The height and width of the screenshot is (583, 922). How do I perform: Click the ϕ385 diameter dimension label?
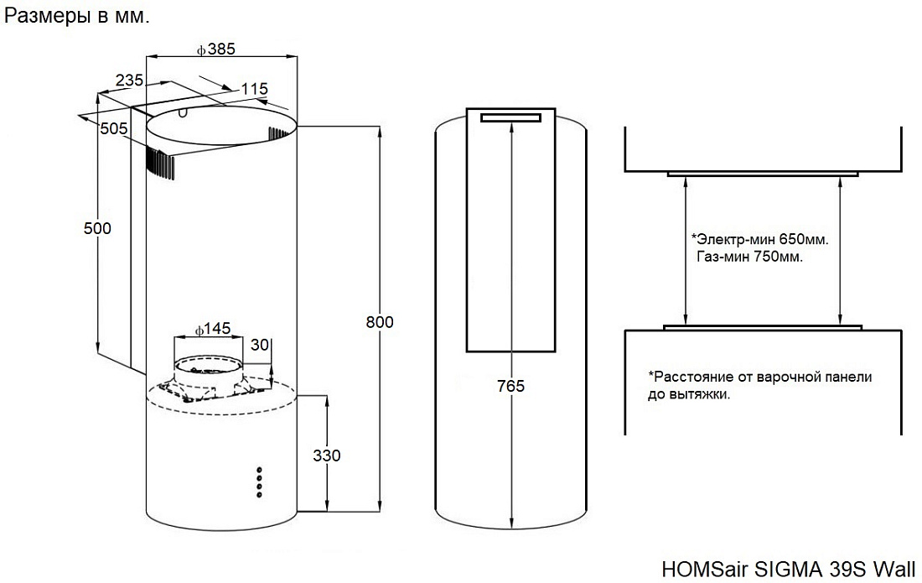click(216, 49)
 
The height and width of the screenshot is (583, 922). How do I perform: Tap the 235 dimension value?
click(128, 81)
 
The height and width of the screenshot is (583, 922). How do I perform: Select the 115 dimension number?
click(253, 89)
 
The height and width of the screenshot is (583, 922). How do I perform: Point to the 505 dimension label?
click(113, 128)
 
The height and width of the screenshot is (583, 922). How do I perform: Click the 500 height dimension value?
click(98, 228)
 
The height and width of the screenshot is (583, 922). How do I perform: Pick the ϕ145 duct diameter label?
click(211, 329)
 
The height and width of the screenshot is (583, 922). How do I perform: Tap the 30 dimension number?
click(260, 344)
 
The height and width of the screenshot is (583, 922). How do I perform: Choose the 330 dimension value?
click(327, 455)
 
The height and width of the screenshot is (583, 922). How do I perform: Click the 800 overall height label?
click(380, 322)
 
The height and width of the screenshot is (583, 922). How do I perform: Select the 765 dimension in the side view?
click(510, 386)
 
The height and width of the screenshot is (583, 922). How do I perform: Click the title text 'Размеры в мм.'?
click(78, 17)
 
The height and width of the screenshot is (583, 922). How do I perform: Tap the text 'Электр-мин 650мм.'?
click(759, 239)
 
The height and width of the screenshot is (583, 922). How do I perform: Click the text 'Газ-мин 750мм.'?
click(749, 258)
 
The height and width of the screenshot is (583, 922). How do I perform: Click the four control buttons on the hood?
click(260, 480)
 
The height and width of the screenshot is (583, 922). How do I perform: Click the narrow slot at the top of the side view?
click(510, 118)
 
